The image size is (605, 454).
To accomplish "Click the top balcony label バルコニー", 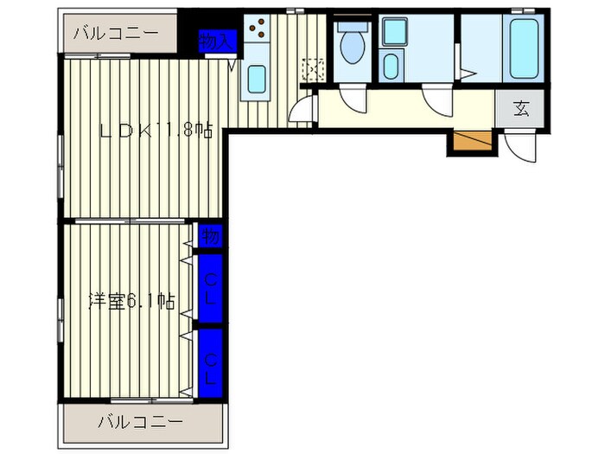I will [116, 35].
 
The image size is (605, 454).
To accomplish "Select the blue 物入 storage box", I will [215, 41].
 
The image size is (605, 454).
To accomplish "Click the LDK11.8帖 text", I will [156, 131].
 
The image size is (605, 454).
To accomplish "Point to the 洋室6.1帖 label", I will [132, 302].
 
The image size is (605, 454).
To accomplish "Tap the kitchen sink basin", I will [258, 79].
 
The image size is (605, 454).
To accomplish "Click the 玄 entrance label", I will [521, 108].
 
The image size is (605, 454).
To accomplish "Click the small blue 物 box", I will [210, 235].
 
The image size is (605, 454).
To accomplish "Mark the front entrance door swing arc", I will [521, 147].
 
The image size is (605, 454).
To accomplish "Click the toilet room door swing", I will [352, 99].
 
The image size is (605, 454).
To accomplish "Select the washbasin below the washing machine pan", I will [391, 66].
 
